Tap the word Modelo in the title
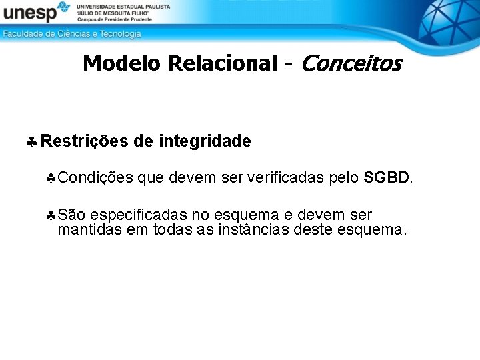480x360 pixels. click(123, 63)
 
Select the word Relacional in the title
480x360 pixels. click(222, 63)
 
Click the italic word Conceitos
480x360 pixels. click(351, 63)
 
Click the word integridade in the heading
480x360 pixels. click(205, 141)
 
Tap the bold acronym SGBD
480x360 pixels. click(387, 178)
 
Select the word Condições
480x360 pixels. click(95, 178)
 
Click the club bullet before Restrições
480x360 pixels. click(31, 142)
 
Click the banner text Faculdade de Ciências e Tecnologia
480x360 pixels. click(72, 33)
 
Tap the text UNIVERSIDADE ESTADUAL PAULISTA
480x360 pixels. click(123, 6)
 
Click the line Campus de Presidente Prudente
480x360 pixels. click(115, 19)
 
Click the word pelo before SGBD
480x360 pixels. click(344, 178)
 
